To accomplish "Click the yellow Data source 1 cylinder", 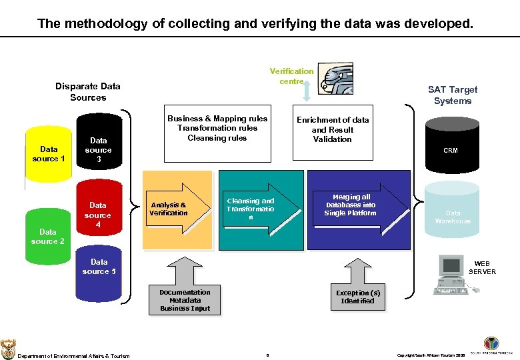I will [x=48, y=154].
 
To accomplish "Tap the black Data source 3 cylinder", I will [x=98, y=150].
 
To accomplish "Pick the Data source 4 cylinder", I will [x=98, y=215].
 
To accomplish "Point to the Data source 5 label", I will [x=99, y=267].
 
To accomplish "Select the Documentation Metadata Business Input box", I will [x=185, y=301].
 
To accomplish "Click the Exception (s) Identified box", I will [x=358, y=297].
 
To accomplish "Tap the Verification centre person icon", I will [x=335, y=79].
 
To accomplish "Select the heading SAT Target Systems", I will [x=453, y=95].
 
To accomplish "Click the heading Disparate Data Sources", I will [x=88, y=92].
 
